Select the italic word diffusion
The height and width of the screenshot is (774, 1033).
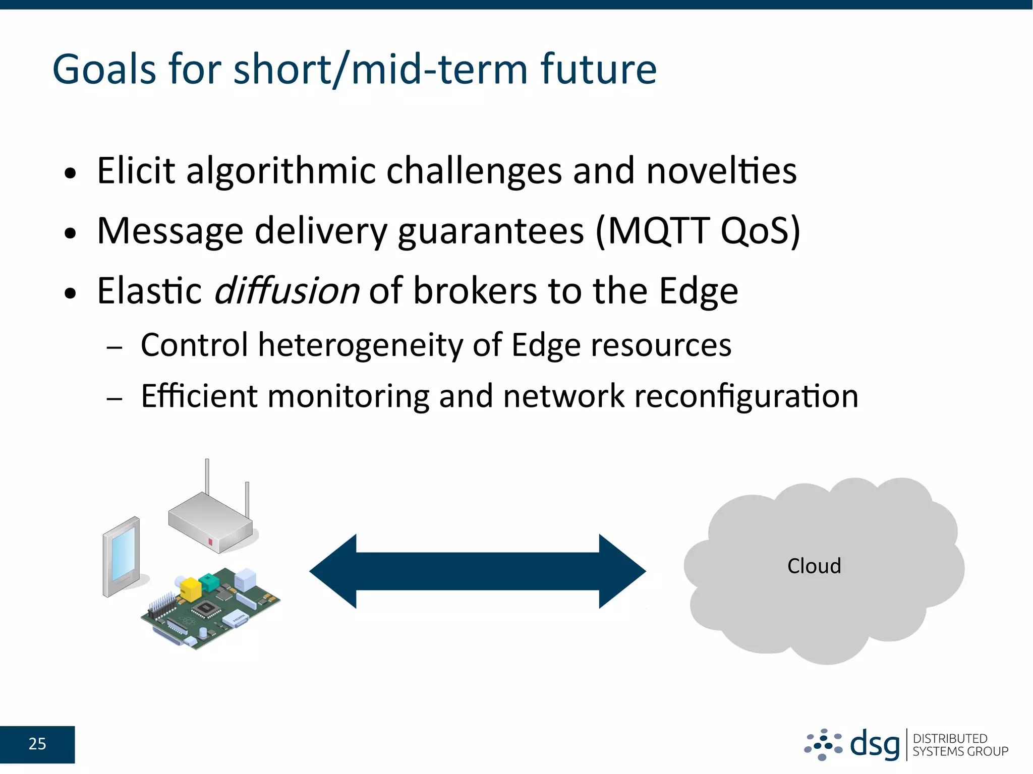coord(286,291)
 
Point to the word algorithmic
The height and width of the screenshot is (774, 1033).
coord(281,171)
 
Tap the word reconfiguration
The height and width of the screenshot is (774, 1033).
coord(745,396)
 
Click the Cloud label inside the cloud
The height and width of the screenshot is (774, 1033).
coord(814,566)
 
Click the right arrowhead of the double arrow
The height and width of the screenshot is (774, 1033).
coord(621,571)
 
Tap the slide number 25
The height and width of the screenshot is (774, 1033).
coord(37,744)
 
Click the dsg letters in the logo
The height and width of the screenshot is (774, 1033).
coord(874,744)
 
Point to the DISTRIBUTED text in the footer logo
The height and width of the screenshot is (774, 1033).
coord(950,738)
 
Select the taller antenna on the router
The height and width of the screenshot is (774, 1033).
coord(207,477)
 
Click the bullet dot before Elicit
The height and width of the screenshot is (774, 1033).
coord(70,174)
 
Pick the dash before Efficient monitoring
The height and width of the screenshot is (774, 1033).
coord(114,399)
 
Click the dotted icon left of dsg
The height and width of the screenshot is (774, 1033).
coord(823,744)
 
